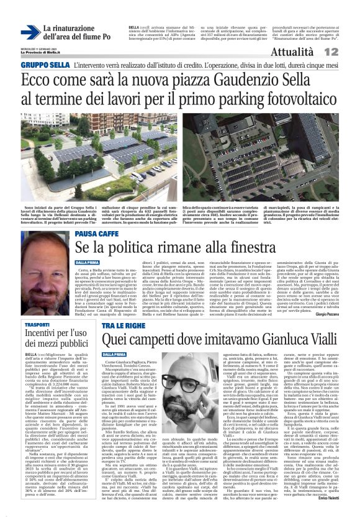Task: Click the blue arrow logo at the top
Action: point(29,32)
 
